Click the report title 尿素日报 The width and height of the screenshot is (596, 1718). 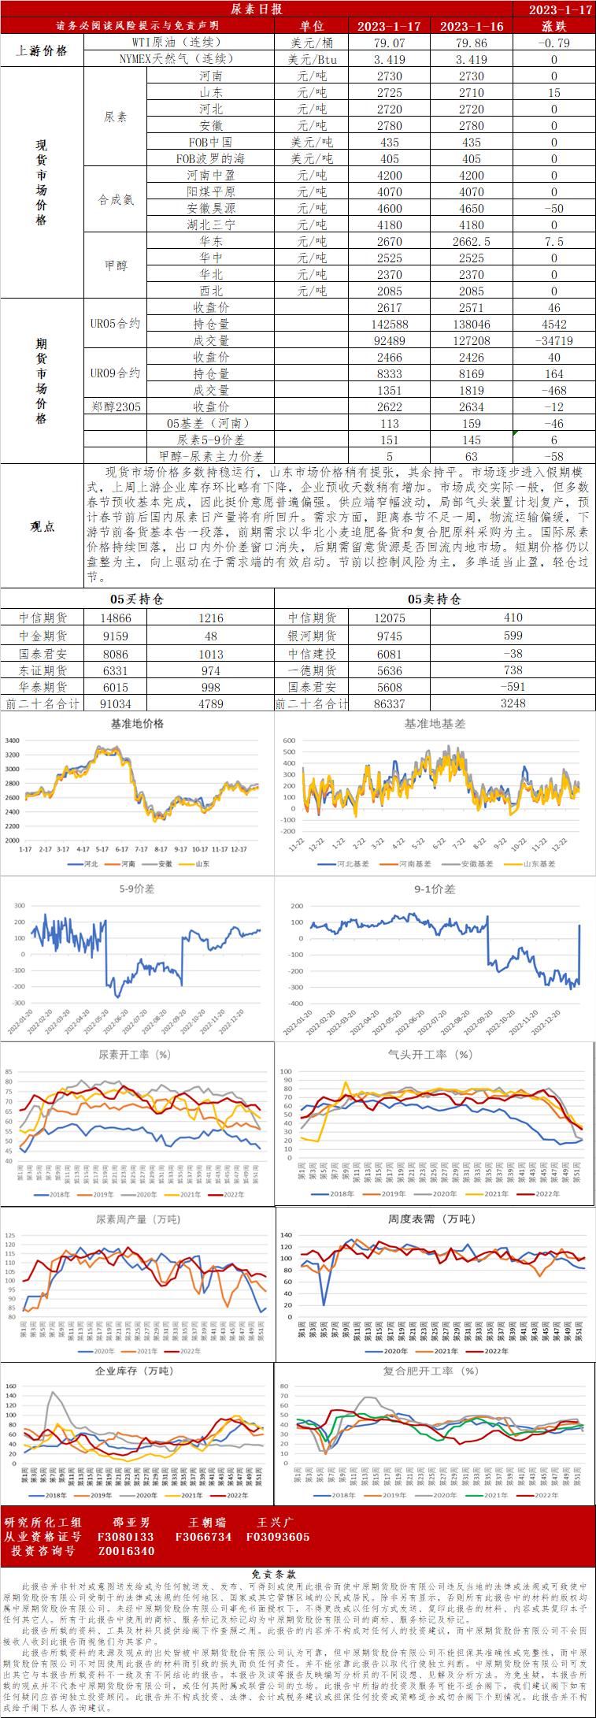tap(256, 9)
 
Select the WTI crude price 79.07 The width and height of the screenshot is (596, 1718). tap(389, 43)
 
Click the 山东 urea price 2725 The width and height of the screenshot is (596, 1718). tap(389, 92)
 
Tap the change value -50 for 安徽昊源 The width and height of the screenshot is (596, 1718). tap(553, 209)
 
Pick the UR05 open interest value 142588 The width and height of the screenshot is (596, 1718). tap(389, 325)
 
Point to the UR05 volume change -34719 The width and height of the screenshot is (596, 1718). tap(553, 341)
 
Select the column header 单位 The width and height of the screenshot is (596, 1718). tap(312, 26)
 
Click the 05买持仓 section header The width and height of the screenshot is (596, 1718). tap(137, 599)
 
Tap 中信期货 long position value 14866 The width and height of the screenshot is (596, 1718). tap(116, 618)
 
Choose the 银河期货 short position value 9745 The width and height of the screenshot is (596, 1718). tap(389, 636)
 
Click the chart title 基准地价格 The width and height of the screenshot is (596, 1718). tap(137, 724)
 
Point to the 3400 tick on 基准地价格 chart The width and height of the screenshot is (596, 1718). tap(12, 740)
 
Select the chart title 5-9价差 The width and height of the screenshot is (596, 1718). tap(137, 889)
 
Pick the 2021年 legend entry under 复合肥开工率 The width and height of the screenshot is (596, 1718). tap(495, 1495)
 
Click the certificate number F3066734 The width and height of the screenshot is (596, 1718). tap(203, 1537)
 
